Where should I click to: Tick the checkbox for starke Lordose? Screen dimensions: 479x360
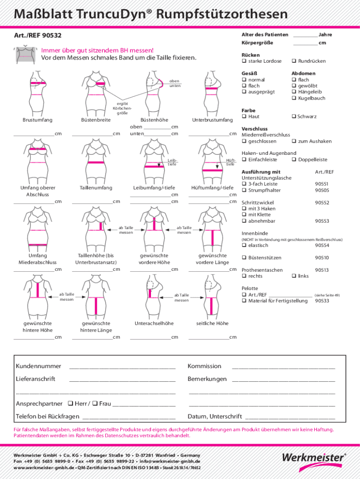click(x=244, y=61)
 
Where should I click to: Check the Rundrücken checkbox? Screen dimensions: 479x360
click(x=294, y=61)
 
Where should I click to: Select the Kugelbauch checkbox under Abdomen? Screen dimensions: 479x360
click(x=294, y=98)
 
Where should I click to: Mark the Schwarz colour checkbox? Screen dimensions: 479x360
click(x=294, y=116)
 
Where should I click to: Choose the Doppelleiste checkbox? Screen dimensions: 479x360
click(x=294, y=160)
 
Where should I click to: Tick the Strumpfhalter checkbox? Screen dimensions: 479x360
click(x=244, y=190)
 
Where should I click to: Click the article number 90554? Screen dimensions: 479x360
click(x=322, y=246)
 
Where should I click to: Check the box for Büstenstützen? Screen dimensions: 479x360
click(x=244, y=258)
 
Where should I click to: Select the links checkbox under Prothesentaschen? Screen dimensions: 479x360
click(x=294, y=276)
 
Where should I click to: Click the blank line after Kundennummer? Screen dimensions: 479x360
click(x=122, y=366)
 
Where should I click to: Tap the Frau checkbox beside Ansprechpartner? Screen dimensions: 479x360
click(x=95, y=404)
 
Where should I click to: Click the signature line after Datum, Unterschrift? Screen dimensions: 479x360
click(x=290, y=417)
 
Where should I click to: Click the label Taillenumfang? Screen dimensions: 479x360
click(x=96, y=188)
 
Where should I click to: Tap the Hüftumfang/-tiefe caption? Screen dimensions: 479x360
click(x=212, y=188)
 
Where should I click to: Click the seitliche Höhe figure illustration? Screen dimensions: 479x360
click(x=212, y=297)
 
